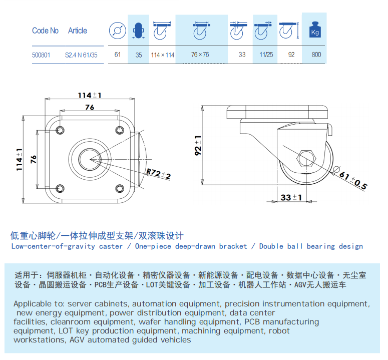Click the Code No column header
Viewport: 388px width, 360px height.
click(45, 31)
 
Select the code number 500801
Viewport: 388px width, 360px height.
click(41, 55)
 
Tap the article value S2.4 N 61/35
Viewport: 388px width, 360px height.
click(81, 55)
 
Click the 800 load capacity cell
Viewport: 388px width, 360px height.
click(316, 55)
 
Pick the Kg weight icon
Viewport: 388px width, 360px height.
click(315, 30)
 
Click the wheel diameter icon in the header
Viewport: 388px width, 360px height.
click(118, 31)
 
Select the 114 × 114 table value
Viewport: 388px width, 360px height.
click(163, 55)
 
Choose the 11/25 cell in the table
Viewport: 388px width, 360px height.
click(266, 55)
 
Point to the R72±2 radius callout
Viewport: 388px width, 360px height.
click(158, 174)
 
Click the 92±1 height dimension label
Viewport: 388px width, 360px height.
click(198, 145)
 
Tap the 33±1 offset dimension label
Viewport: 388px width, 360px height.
click(291, 197)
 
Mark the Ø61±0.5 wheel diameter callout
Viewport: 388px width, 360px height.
click(351, 178)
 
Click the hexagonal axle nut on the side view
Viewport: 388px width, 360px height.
click(306, 159)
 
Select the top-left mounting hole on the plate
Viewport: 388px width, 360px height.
click(60, 130)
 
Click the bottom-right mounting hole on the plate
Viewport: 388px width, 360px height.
click(120, 189)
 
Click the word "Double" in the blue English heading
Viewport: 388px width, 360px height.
click(271, 246)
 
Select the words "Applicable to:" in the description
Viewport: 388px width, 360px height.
click(40, 303)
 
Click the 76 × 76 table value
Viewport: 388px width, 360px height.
click(200, 55)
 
